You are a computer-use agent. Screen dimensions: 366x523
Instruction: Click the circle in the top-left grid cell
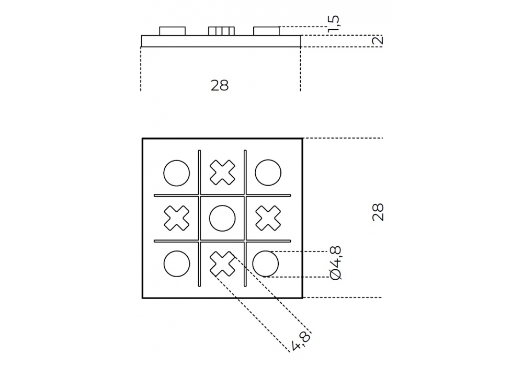[176, 173]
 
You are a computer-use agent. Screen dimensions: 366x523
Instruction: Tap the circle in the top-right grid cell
[267, 173]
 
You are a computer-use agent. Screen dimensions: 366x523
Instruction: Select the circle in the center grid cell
[222, 219]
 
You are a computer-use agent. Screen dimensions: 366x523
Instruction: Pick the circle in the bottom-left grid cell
[176, 264]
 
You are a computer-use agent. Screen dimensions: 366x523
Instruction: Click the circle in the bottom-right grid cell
[266, 264]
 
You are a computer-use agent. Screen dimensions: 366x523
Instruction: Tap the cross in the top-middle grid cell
[222, 173]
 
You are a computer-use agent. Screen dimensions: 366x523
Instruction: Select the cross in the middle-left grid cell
[176, 219]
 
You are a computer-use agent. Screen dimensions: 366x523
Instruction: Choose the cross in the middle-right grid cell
[267, 219]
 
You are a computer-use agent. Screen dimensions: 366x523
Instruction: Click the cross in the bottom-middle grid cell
[222, 264]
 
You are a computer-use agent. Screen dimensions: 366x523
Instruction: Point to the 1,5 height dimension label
[334, 24]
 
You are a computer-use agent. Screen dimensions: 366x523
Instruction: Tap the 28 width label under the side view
[220, 86]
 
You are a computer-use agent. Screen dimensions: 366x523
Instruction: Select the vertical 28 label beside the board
[378, 212]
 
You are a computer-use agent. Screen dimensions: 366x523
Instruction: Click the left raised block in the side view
[172, 31]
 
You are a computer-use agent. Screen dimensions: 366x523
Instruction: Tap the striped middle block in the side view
[221, 31]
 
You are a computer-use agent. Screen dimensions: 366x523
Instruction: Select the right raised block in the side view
[266, 31]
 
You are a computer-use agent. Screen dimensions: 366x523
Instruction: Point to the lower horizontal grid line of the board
[222, 242]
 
